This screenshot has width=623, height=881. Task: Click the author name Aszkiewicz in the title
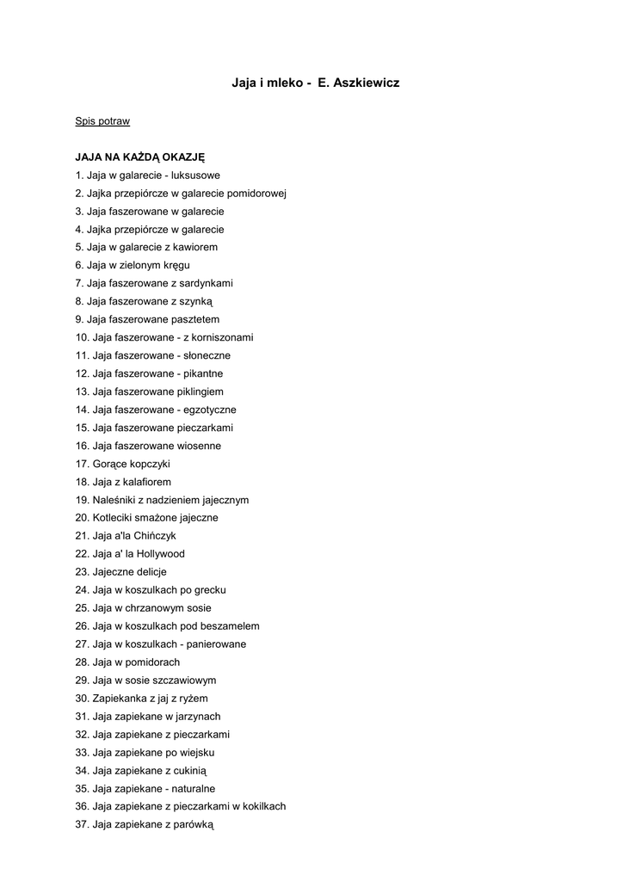(x=365, y=83)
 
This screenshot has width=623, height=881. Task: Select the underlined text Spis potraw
(x=102, y=121)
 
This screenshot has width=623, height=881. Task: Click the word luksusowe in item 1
(x=195, y=176)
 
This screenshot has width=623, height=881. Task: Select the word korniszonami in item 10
(x=224, y=337)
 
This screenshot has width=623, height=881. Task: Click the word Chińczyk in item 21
(x=156, y=536)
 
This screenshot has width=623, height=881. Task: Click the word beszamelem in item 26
(x=230, y=626)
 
